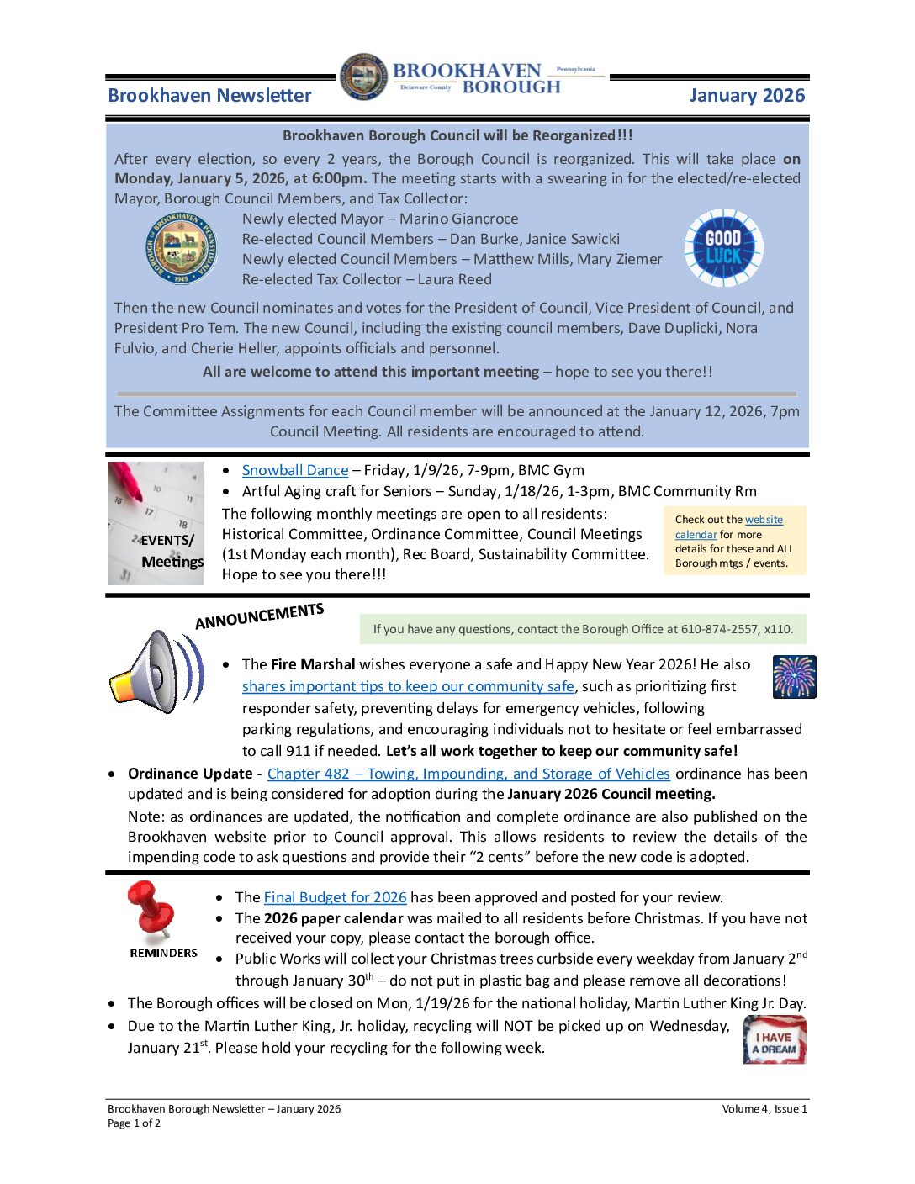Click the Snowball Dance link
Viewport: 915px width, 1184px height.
[x=294, y=471]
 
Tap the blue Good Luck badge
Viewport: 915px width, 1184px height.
[x=722, y=248]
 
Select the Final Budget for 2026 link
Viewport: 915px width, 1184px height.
[x=335, y=897]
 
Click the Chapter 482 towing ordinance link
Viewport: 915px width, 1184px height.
[x=468, y=774]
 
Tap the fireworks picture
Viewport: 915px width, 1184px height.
[x=794, y=677]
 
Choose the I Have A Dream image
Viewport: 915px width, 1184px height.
[x=775, y=1041]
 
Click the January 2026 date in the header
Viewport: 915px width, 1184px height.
[x=747, y=96]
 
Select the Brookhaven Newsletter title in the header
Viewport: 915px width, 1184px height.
[x=209, y=96]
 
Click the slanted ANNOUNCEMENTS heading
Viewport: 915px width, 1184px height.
[x=259, y=616]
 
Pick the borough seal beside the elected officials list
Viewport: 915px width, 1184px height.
[x=181, y=248]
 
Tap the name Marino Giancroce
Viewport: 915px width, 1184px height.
[x=458, y=219]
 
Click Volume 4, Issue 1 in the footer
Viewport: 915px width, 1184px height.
[x=764, y=1109]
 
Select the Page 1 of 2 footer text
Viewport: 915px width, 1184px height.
[x=134, y=1123]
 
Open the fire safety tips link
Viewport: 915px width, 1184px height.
[x=408, y=687]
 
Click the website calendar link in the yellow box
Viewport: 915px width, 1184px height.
[x=696, y=535]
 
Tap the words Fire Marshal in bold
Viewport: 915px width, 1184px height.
[x=313, y=664]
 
